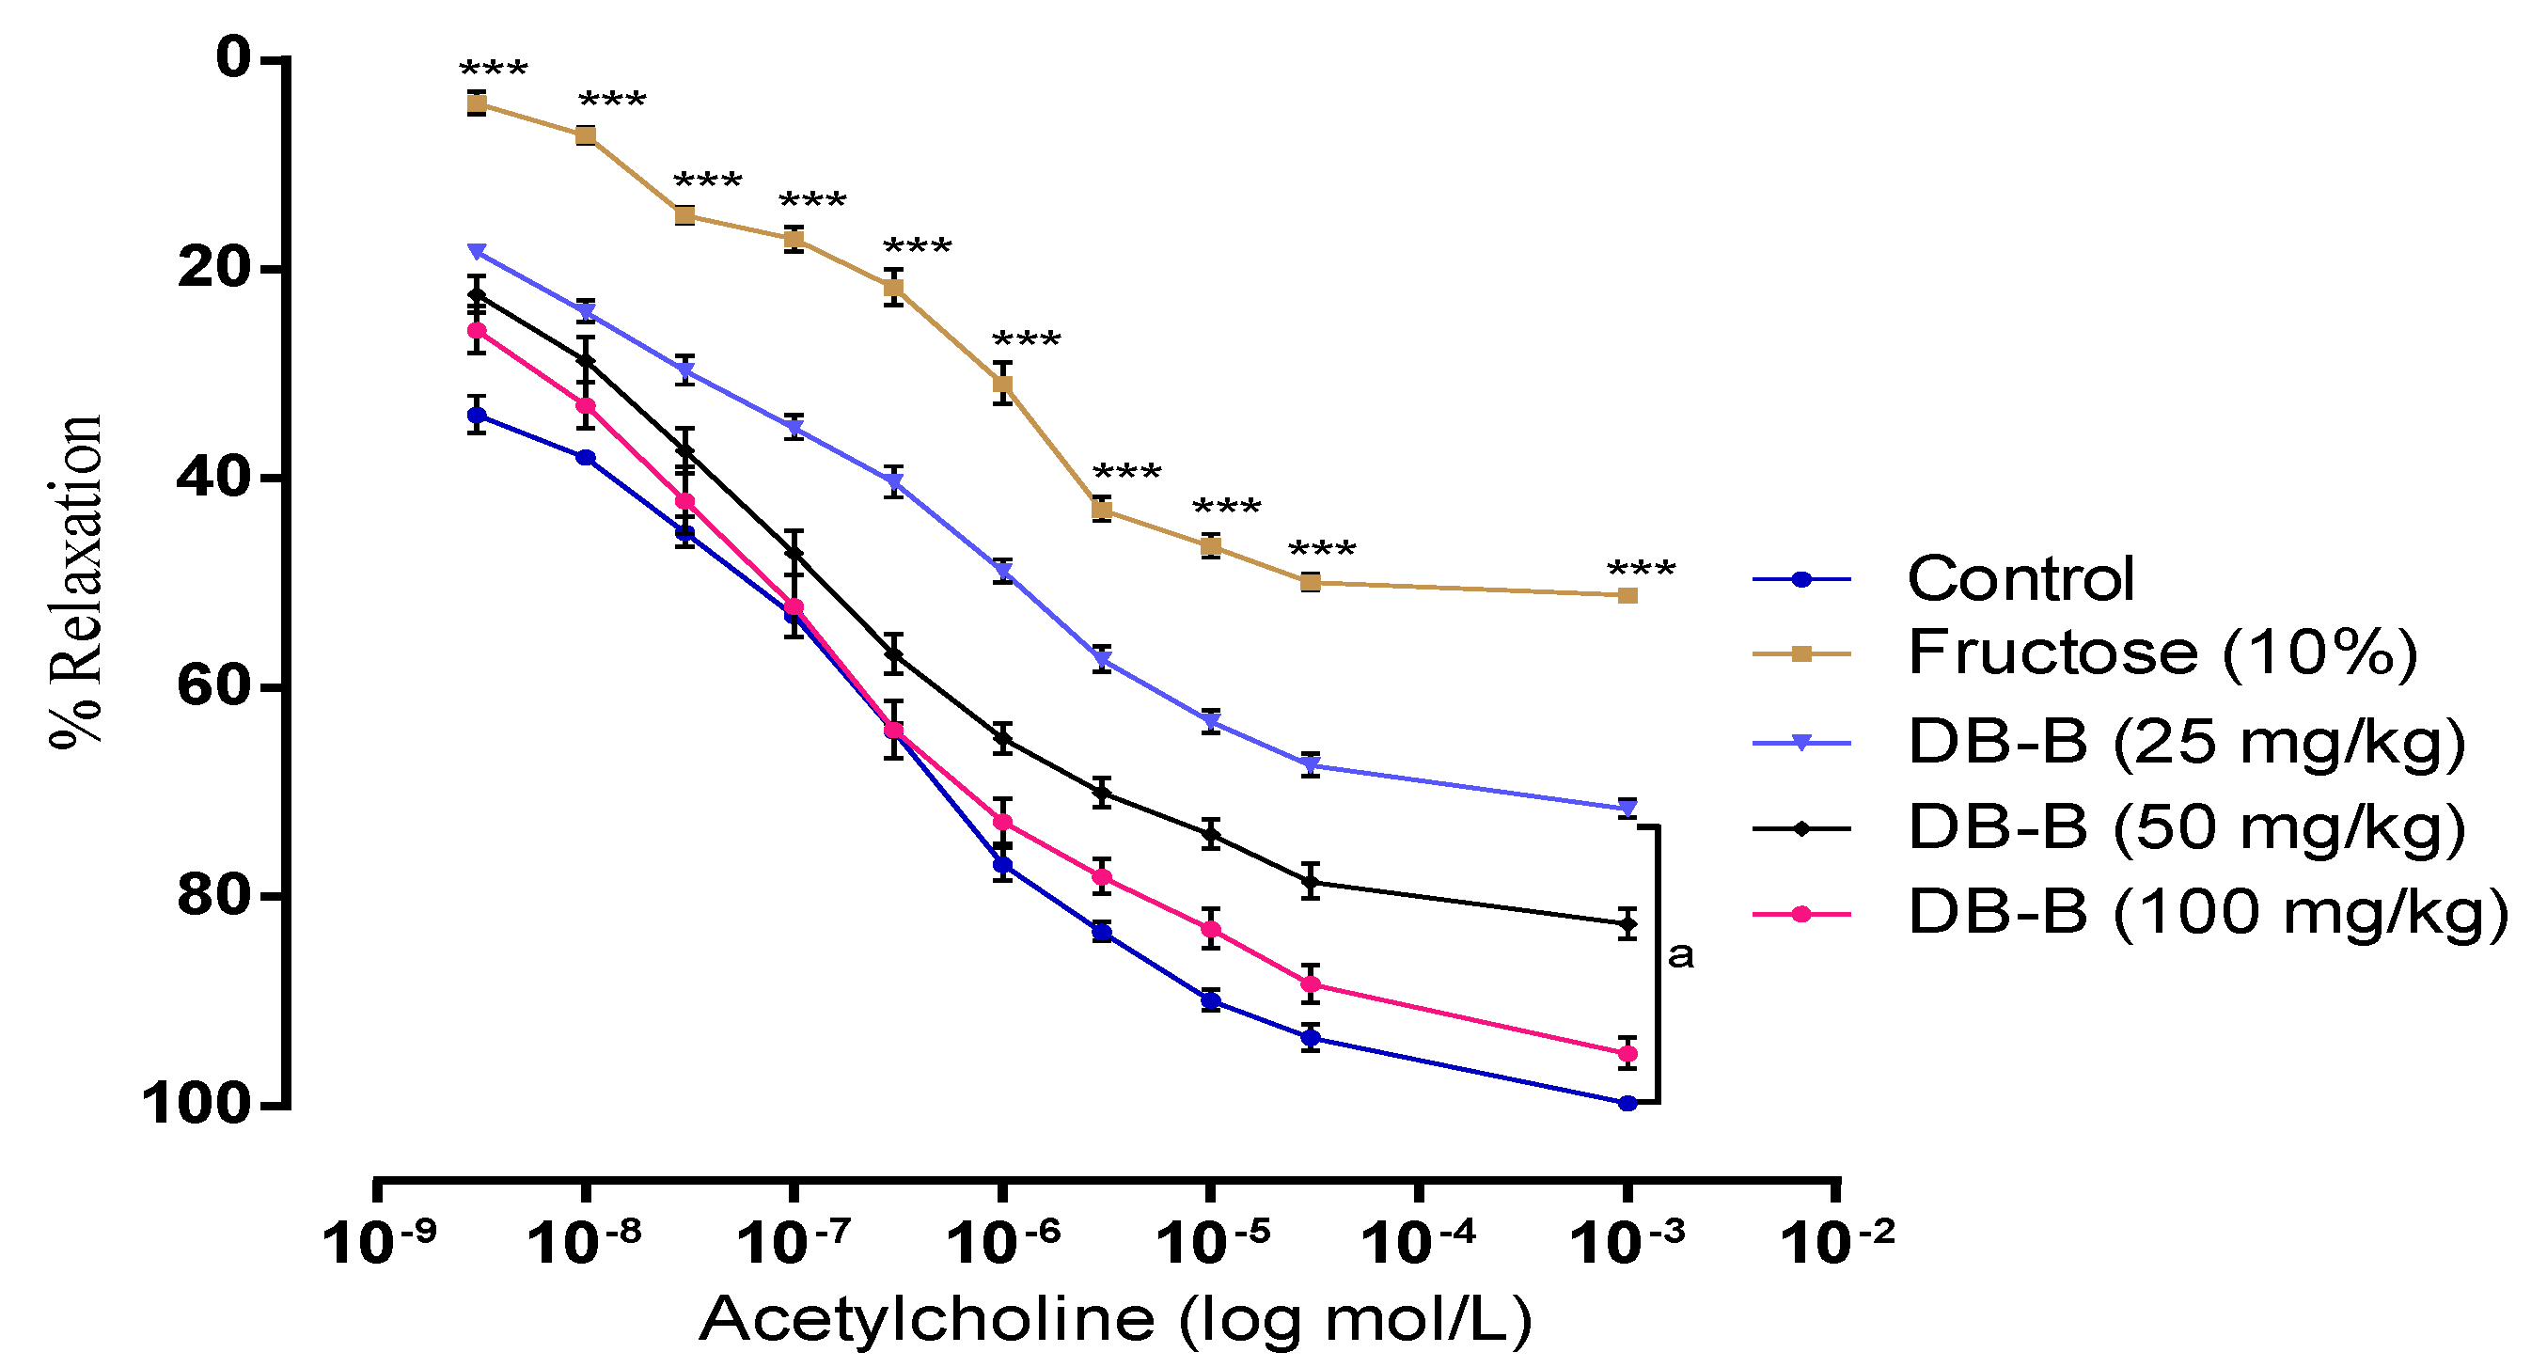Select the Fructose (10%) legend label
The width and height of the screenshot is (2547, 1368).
click(2162, 653)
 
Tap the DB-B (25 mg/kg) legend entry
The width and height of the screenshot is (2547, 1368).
click(2186, 741)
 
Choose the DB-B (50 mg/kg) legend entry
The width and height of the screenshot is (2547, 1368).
click(2186, 826)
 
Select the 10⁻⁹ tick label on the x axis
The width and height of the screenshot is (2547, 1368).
click(380, 1242)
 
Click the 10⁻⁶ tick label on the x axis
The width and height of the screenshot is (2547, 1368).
click(1002, 1242)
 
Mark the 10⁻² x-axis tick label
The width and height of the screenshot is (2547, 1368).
click(1837, 1242)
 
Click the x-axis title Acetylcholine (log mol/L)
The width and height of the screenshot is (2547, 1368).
click(1114, 1319)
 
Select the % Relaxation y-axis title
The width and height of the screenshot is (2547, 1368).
click(77, 582)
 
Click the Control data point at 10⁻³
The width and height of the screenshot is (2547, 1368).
click(1627, 1103)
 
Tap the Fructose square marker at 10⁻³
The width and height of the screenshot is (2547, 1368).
click(1627, 595)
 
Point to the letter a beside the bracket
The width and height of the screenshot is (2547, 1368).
click(1681, 955)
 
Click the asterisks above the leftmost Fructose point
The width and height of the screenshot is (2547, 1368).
click(494, 71)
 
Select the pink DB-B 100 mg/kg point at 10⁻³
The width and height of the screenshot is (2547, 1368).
click(1627, 1054)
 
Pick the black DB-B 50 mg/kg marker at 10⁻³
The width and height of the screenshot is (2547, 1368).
click(1627, 924)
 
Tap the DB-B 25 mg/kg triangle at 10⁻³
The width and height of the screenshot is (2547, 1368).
click(1627, 809)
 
